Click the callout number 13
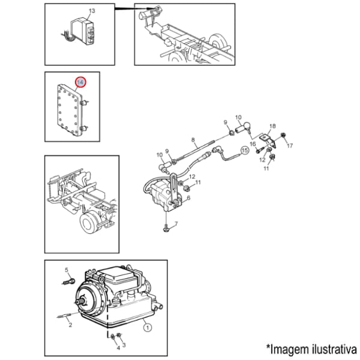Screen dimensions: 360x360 click(92, 11)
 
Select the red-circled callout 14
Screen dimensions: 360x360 click(80, 82)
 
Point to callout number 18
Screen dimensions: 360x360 click(272, 127)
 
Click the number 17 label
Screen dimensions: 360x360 click(290, 146)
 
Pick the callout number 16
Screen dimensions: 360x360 click(253, 145)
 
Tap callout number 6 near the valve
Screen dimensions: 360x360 click(188, 197)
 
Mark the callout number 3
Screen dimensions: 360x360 click(124, 344)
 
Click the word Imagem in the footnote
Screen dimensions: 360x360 click(287, 347)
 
